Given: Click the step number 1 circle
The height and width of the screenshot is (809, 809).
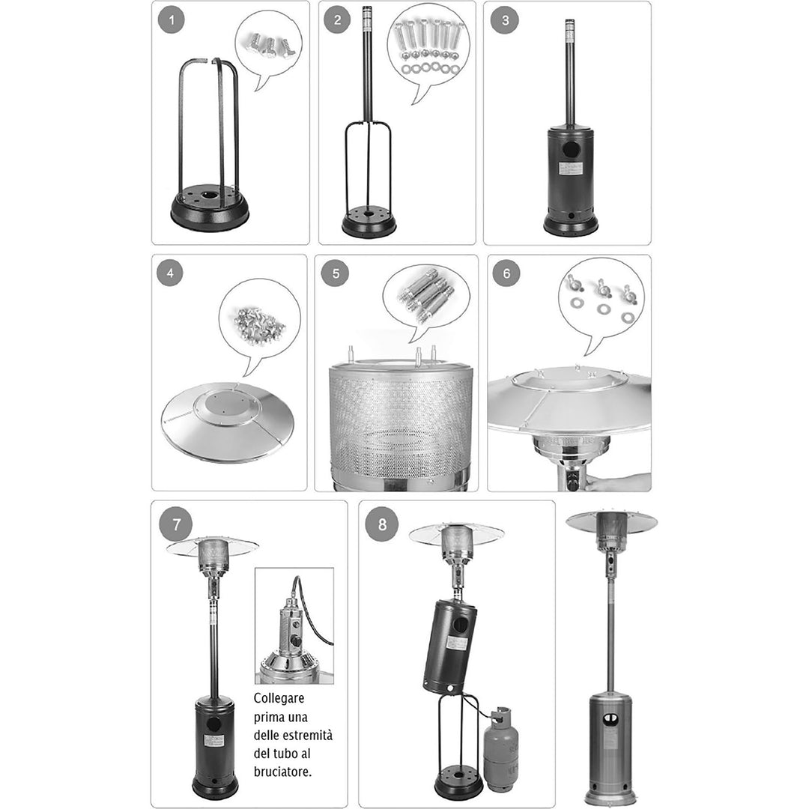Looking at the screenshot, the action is click(x=172, y=21).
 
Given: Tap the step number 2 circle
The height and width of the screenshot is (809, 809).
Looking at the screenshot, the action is click(x=337, y=20).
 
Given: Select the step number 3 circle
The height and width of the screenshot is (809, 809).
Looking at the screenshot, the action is click(x=504, y=20).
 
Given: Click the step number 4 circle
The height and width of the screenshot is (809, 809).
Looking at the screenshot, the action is click(x=170, y=273).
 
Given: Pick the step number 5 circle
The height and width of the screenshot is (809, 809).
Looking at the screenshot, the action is click(x=336, y=273).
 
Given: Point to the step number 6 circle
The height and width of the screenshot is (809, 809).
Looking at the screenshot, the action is click(x=506, y=273).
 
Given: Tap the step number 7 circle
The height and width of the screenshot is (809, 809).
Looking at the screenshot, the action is click(x=176, y=524).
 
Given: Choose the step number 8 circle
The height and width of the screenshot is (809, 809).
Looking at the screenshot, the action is click(x=382, y=524).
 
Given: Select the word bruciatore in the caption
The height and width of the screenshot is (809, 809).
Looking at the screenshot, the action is click(x=282, y=772).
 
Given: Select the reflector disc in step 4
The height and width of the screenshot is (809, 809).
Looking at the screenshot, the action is click(x=228, y=422).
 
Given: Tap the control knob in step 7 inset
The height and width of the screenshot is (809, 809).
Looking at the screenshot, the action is click(x=296, y=642).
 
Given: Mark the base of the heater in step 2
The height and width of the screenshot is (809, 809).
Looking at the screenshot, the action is click(x=369, y=221).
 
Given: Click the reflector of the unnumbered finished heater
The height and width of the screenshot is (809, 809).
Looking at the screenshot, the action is click(x=611, y=523).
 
